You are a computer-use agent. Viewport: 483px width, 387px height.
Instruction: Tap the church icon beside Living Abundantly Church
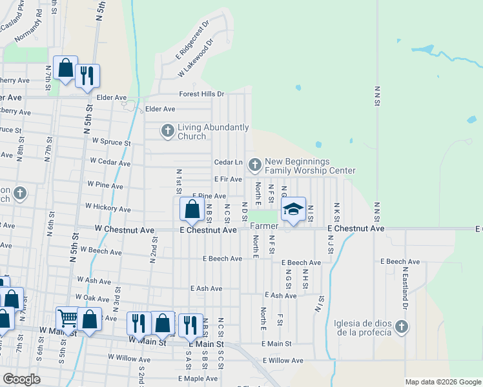click(x=167, y=132)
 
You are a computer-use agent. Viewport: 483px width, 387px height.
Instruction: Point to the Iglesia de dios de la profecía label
click(x=363, y=327)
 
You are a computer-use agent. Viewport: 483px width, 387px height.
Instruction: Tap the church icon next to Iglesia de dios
click(x=402, y=327)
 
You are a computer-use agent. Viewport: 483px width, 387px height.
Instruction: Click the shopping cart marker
click(x=67, y=317)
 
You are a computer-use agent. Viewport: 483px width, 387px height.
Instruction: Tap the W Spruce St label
click(x=111, y=141)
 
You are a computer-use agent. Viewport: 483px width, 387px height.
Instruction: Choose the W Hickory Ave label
click(x=108, y=209)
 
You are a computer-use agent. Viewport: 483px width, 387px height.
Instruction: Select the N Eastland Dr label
click(x=406, y=286)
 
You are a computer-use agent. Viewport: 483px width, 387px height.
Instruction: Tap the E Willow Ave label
click(x=283, y=361)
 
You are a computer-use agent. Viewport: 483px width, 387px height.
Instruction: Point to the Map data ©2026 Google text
click(x=442, y=382)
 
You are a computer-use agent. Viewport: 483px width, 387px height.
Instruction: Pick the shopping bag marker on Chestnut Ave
click(x=192, y=209)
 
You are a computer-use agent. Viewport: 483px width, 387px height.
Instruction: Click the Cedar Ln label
click(x=228, y=162)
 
